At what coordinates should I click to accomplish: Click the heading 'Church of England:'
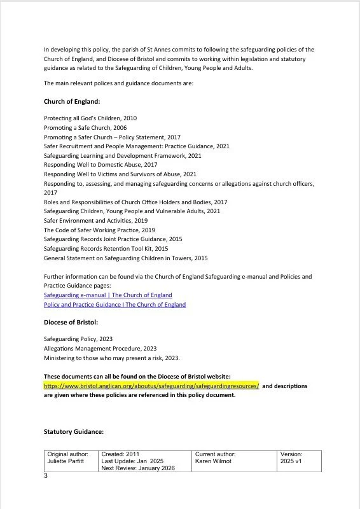[72, 101]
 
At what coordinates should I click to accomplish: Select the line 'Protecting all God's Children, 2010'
[90, 118]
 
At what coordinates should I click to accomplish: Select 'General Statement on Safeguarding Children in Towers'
[125, 258]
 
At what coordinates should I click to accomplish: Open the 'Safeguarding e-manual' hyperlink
[107, 295]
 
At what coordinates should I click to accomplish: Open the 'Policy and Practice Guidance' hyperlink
[114, 305]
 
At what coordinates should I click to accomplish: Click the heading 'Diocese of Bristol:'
[71, 323]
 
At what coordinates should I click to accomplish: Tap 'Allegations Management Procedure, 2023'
[100, 349]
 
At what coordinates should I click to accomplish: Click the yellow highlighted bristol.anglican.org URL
[151, 386]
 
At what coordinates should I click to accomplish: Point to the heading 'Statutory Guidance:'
[74, 431]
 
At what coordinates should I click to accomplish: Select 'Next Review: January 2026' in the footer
[137, 468]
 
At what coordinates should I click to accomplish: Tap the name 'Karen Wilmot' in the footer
[215, 461]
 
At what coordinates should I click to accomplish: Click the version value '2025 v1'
[292, 461]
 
